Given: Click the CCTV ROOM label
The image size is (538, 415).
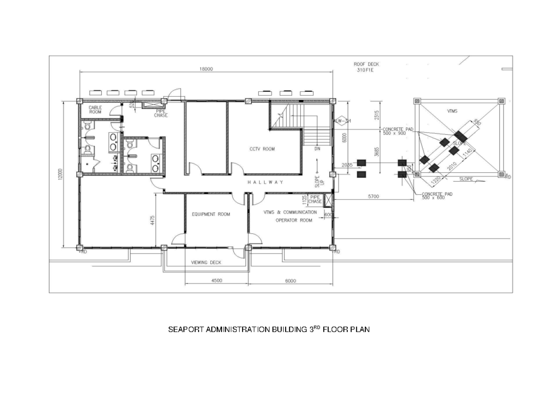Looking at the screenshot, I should pyautogui.click(x=262, y=149).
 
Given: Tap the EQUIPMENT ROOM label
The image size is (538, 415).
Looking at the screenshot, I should pyautogui.click(x=211, y=214).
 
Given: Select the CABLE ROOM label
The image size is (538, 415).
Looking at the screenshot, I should pyautogui.click(x=95, y=110).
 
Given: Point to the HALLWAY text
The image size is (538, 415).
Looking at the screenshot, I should pyautogui.click(x=266, y=182).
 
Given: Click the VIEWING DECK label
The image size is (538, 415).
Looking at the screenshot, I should pyautogui.click(x=206, y=262).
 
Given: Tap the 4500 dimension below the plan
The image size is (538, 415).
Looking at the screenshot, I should pyautogui.click(x=216, y=281).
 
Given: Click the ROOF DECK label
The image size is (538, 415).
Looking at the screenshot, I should pyautogui.click(x=366, y=64).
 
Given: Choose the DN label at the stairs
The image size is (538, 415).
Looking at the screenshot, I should pyautogui.click(x=317, y=148).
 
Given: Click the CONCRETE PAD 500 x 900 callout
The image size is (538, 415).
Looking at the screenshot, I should pyautogui.click(x=398, y=131).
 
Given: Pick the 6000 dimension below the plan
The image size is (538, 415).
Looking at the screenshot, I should pyautogui.click(x=291, y=281).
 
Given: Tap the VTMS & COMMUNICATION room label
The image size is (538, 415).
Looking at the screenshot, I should pyautogui.click(x=290, y=212).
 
